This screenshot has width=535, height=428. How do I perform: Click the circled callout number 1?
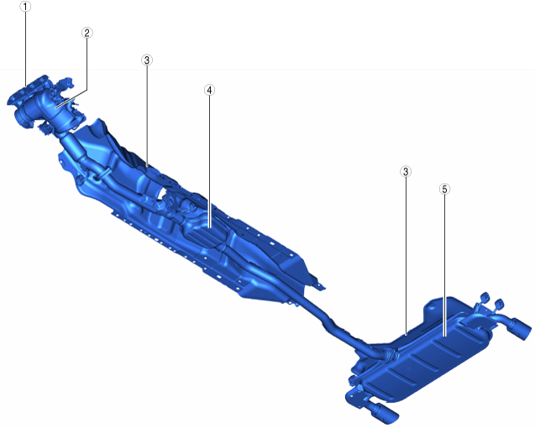(25, 7)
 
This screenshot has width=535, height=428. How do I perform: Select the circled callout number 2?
(87, 33)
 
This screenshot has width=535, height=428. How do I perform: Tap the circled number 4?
(209, 90)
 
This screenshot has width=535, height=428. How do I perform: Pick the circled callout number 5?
(444, 189)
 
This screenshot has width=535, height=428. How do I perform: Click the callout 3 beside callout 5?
(406, 171)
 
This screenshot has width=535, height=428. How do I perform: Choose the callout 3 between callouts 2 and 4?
(147, 60)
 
